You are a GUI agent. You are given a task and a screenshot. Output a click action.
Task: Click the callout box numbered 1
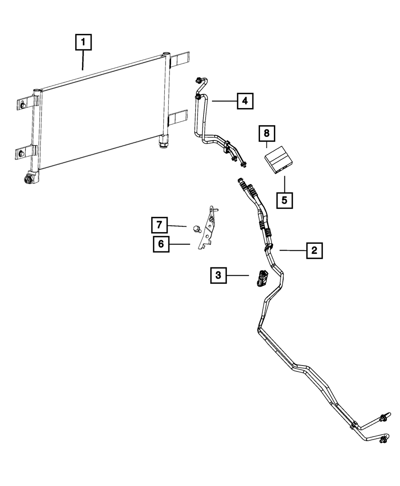[83, 42]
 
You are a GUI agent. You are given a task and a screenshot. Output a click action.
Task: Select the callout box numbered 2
[314, 251]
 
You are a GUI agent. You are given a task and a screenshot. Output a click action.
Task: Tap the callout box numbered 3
[218, 275]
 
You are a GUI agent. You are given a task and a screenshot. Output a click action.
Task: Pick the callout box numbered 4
[245, 101]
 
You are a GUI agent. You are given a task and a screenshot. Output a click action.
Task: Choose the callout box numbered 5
[284, 200]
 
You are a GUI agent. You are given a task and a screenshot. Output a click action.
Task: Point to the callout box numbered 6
[161, 244]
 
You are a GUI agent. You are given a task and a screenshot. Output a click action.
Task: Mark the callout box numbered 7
[159, 225]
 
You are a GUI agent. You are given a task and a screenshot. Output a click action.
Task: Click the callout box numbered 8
[267, 133]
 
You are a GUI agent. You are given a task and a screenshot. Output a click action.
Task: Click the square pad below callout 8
[280, 160]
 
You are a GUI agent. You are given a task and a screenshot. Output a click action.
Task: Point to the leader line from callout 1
[83, 60]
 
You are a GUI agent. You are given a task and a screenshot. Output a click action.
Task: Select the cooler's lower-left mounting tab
[22, 154]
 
